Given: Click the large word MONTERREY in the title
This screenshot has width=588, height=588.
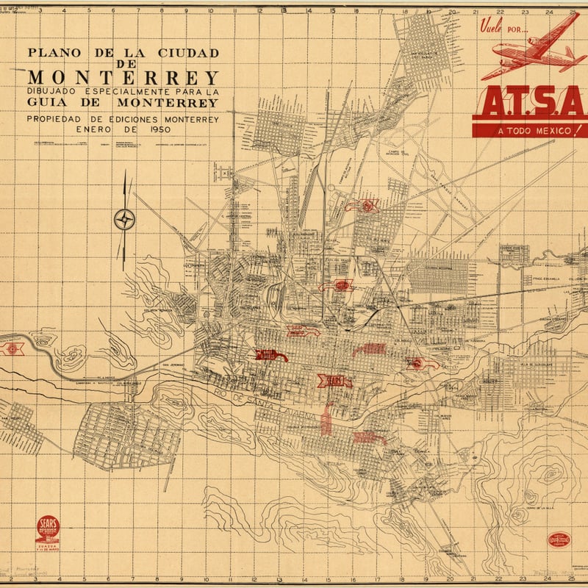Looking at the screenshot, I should tap(123, 77).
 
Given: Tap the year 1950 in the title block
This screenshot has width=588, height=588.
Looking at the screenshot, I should tap(156, 129).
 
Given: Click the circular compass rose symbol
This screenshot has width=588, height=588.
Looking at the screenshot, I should tap(125, 219).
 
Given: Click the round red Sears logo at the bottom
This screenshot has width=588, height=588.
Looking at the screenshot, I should tap(48, 529).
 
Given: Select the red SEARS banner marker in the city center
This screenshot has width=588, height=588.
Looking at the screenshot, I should tap(334, 381).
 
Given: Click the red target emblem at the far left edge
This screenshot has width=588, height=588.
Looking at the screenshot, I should tap(12, 347).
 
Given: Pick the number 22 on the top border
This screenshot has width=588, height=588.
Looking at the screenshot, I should tap(501, 11).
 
